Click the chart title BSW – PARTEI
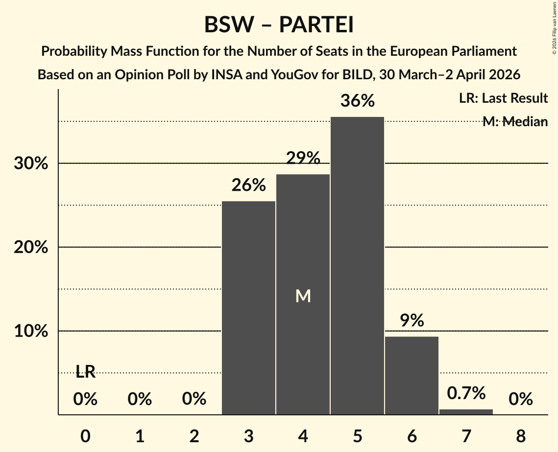coord(279,25)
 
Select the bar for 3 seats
coord(249,308)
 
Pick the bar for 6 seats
coord(412,375)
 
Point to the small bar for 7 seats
coord(466,411)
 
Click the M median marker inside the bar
coord(303,295)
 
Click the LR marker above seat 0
coord(85,372)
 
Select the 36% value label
coord(357,101)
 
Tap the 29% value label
coord(303,158)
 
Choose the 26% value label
coord(249,185)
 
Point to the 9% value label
coord(412,321)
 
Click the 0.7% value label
coord(466,393)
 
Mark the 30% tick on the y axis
coord(31,163)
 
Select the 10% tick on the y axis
coord(31,331)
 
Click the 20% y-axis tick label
coord(31,248)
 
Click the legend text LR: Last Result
coord(503,98)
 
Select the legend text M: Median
coord(515,121)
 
